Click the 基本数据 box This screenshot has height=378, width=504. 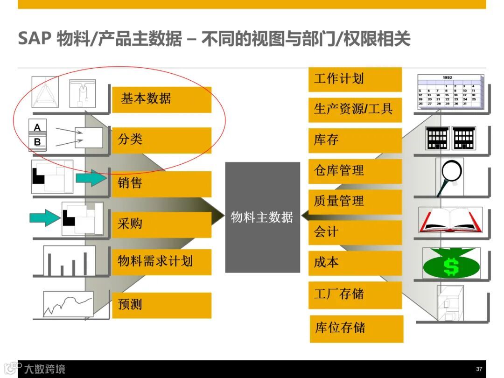click(161, 99)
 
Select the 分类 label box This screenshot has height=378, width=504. click(161, 140)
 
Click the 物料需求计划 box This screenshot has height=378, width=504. click(161, 261)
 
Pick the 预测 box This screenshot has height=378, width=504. click(161, 305)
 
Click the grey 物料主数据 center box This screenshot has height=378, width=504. click(262, 217)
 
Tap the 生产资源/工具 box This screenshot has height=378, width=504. click(355, 110)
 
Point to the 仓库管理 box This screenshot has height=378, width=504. click(355, 171)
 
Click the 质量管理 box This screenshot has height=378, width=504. click(355, 202)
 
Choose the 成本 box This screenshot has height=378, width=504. click(355, 263)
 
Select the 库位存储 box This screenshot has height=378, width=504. click(356, 328)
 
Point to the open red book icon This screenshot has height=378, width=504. click(450, 221)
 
